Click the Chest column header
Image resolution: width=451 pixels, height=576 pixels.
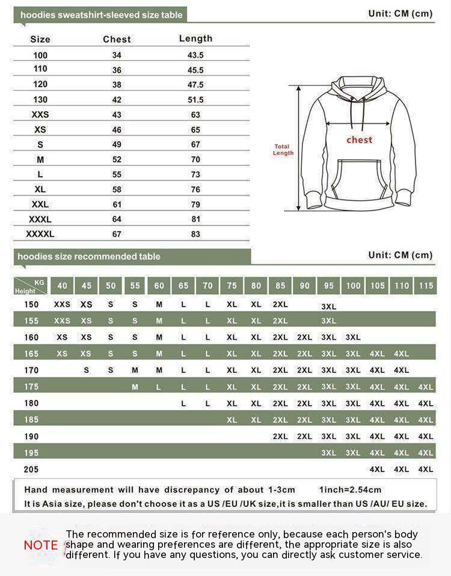pos(117,39)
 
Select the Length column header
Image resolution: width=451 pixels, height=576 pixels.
pos(195,38)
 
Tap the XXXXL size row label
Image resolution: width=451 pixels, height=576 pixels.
pos(40,234)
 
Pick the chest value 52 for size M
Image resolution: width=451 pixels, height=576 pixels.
pos(117,159)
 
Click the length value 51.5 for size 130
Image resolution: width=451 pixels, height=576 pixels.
pos(195,100)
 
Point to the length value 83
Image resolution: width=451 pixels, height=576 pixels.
pos(195,234)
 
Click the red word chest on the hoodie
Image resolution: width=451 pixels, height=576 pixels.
pos(360,139)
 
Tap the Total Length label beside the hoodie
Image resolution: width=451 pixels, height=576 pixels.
pos(283,150)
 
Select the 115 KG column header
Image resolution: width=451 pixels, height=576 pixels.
pos(426,286)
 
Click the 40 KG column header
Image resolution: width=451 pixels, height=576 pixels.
pos(63,286)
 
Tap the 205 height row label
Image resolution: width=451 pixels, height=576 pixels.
pos(31,469)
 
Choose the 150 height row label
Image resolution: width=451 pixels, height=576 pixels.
pos(31,304)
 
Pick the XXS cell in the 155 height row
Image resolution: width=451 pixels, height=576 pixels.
pos(62,321)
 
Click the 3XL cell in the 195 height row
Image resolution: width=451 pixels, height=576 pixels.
pos(329,453)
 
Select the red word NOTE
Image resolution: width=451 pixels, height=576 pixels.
pos(41,545)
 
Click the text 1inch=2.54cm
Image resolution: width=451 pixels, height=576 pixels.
pos(350,489)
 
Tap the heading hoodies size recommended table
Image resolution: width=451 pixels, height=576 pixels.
pos(89,257)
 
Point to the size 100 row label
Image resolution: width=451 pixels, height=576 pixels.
pos(40,55)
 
